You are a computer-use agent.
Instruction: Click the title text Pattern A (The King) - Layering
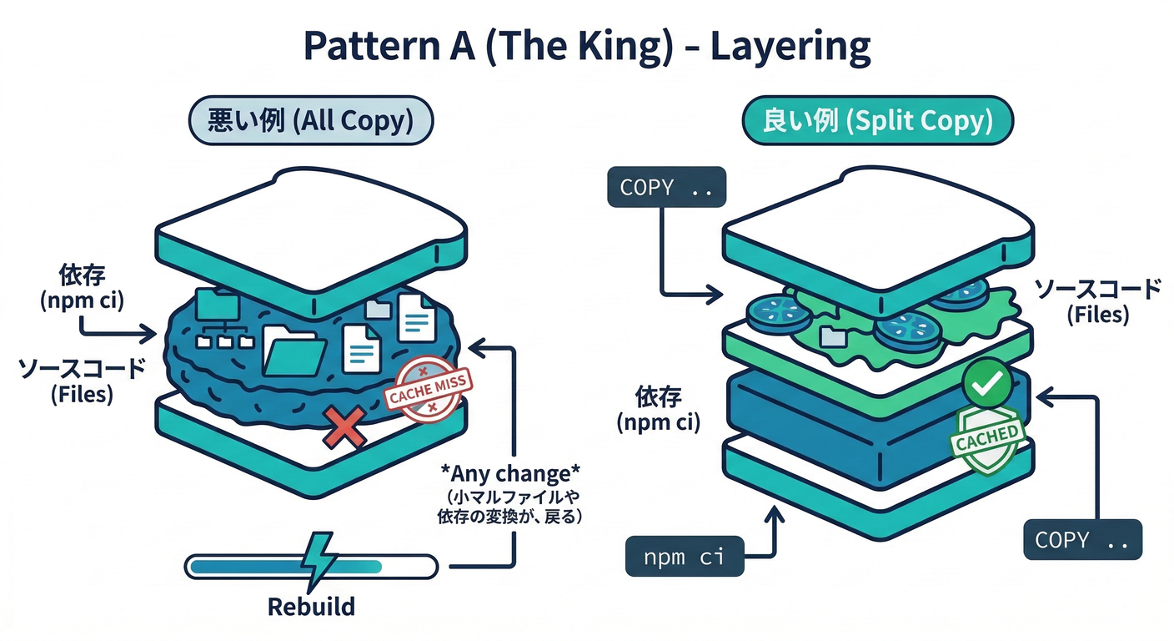coord(587,48)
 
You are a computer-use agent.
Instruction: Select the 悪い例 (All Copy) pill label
coord(310,122)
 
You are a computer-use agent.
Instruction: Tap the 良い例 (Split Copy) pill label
coord(877,122)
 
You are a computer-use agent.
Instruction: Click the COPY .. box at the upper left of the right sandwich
coord(667,187)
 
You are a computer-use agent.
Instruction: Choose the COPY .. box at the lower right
coord(1082,540)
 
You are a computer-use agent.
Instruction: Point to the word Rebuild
coord(311,606)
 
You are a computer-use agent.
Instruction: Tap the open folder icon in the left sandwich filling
coord(294,351)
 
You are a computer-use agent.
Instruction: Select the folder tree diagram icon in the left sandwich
coord(218,320)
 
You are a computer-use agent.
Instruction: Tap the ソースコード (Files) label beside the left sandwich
coord(81,381)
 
